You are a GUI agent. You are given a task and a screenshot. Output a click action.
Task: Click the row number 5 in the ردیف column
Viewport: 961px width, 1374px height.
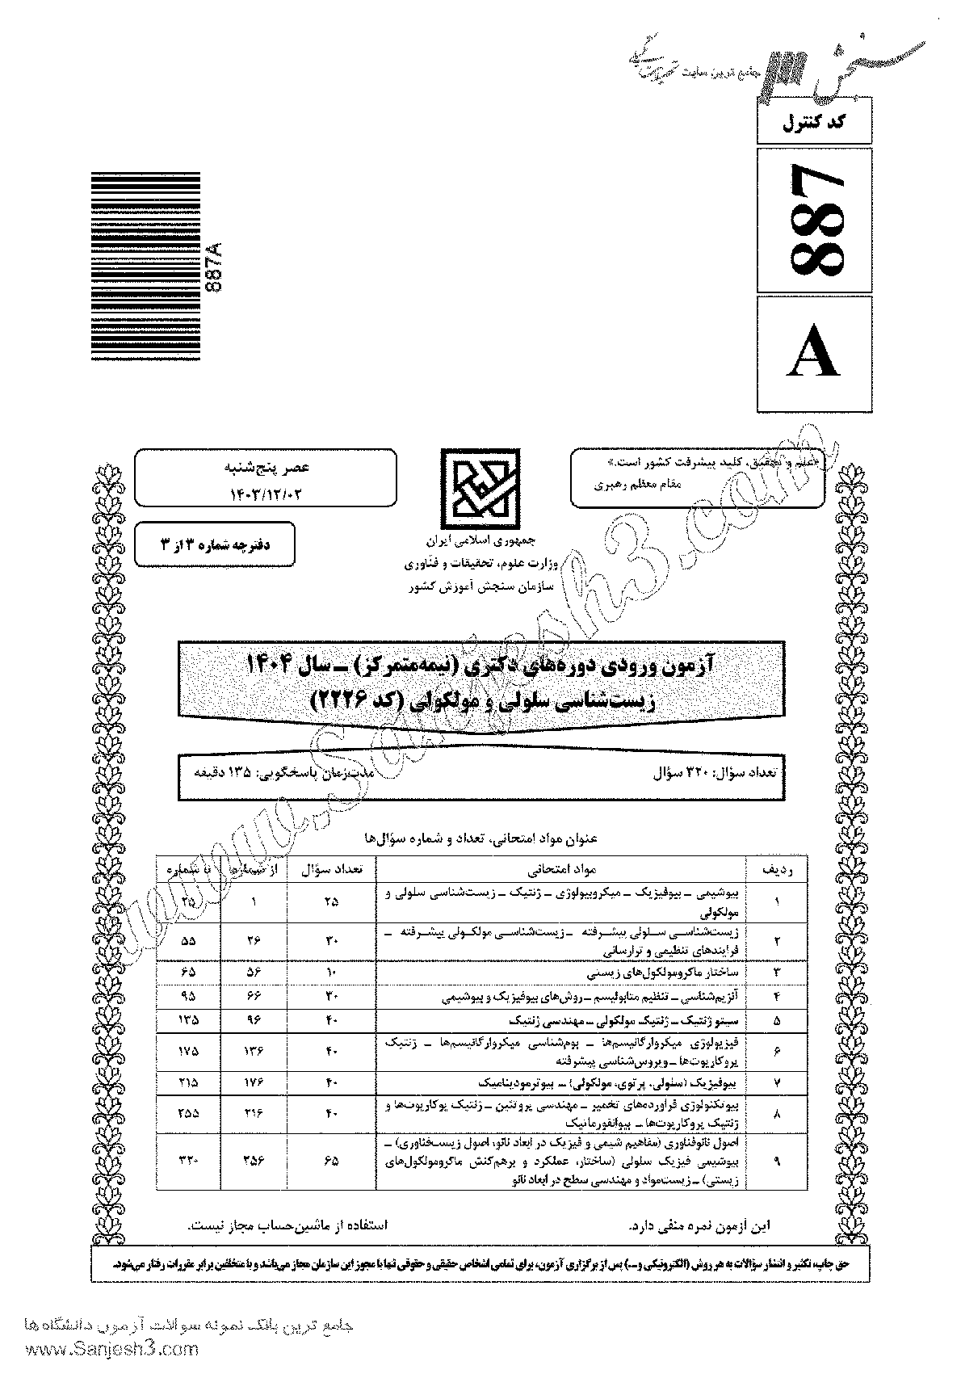click(x=776, y=1020)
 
